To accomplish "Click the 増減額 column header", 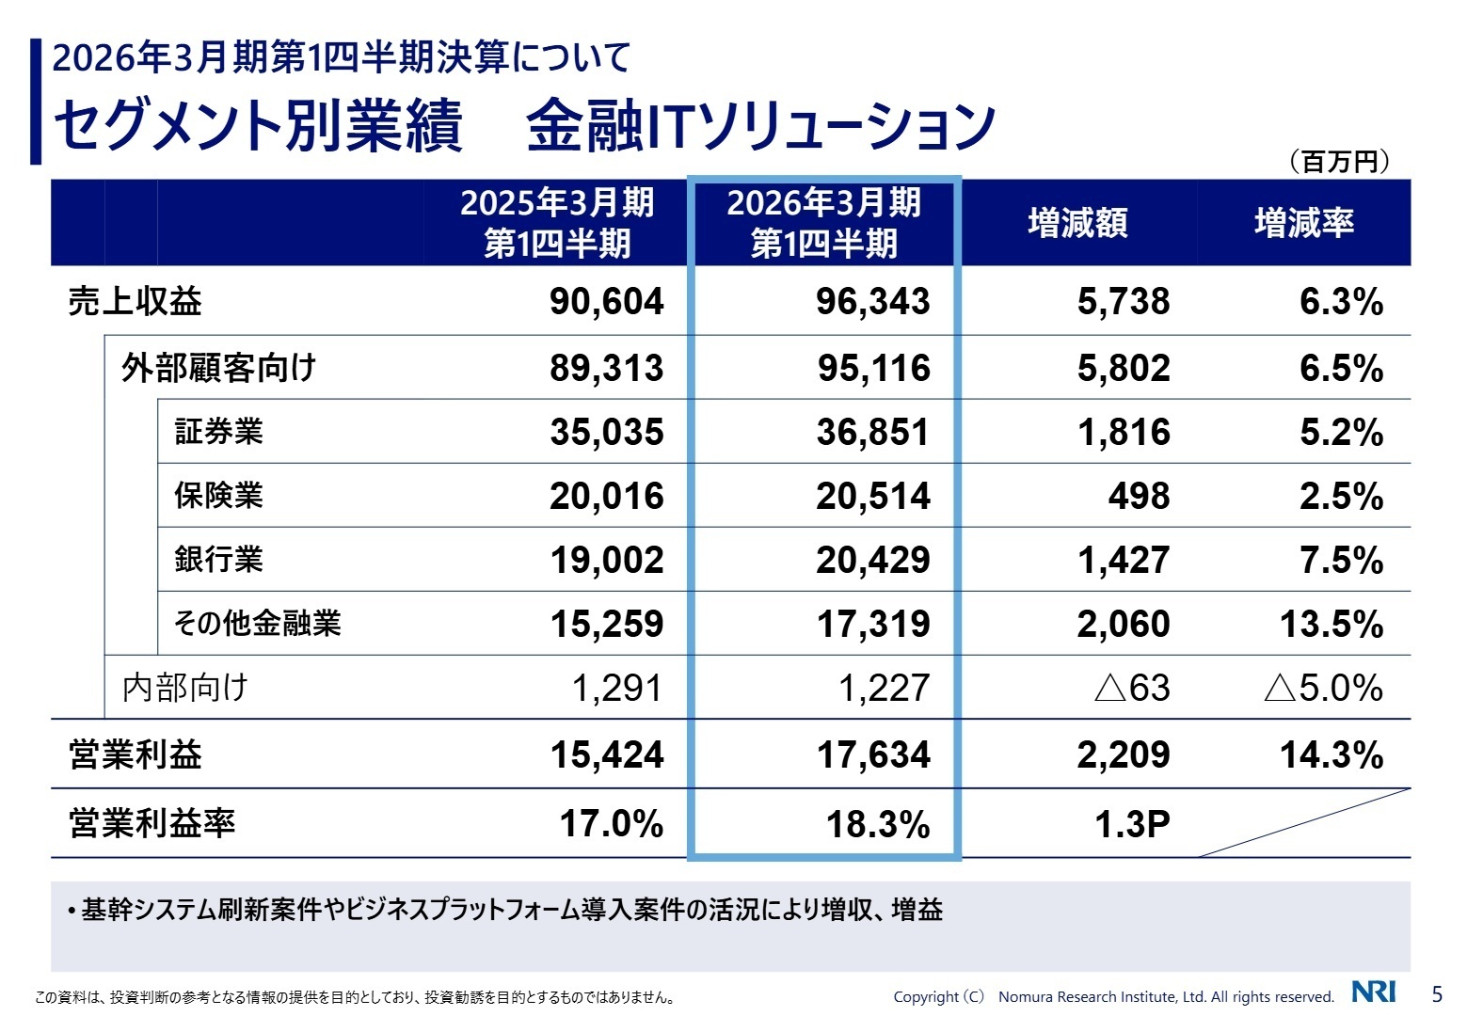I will [x=1077, y=223].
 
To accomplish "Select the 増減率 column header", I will [x=1304, y=223].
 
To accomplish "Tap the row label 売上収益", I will [x=135, y=302].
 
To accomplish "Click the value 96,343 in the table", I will [x=872, y=302].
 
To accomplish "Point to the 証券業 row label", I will [x=218, y=432].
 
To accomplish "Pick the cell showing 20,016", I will [x=606, y=496].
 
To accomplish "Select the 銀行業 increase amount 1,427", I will [x=1124, y=560].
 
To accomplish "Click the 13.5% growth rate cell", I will [x=1331, y=624].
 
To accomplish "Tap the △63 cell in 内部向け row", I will [x=1132, y=688].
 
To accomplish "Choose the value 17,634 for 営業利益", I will [x=872, y=754].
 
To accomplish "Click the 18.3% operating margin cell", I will [x=877, y=824].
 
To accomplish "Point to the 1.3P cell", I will [x=1132, y=824].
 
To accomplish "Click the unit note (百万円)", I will [x=1339, y=162].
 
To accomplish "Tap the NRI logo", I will [x=1373, y=992].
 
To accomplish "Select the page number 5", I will [x=1436, y=993].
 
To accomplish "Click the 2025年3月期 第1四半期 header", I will [x=556, y=223].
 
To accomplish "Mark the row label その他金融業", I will [x=257, y=624].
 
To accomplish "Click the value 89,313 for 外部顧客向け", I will [x=606, y=368].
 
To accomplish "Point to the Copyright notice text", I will [x=1113, y=997].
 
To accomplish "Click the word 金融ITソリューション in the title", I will [x=760, y=125].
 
